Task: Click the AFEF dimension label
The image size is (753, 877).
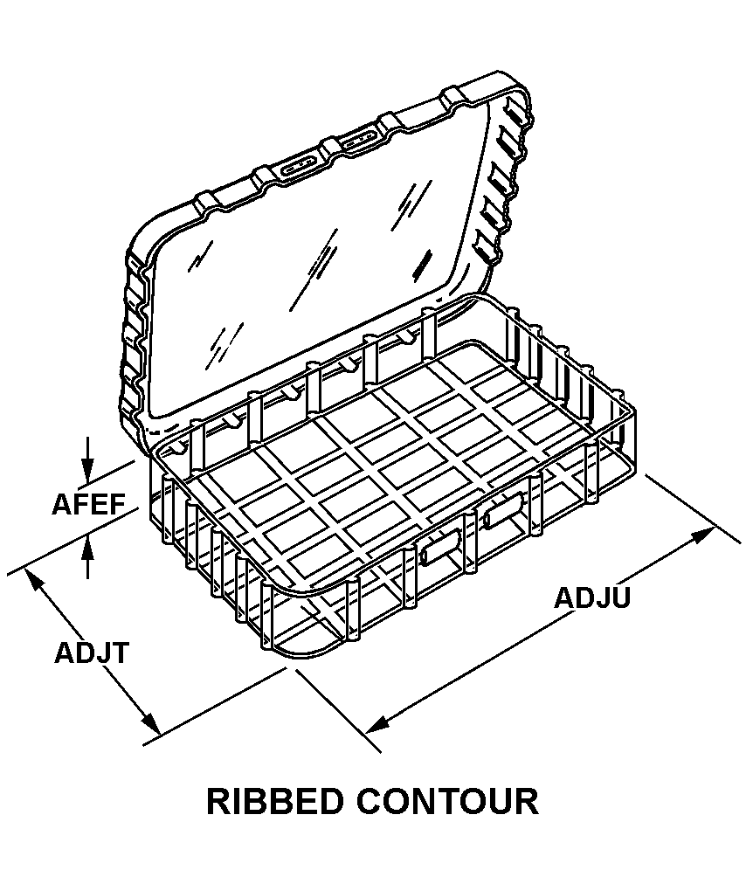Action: [x=89, y=505]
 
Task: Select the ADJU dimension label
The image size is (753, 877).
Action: [x=592, y=598]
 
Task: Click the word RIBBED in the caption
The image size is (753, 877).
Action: [x=279, y=801]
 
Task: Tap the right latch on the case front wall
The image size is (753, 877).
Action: [x=501, y=511]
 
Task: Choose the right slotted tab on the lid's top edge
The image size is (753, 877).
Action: [x=360, y=140]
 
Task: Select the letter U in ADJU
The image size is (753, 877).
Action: [x=619, y=598]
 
